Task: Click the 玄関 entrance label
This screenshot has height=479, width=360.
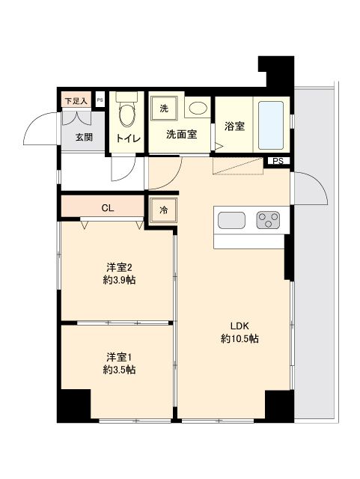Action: coord(84,137)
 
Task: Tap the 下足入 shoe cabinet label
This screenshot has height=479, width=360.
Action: coord(76,100)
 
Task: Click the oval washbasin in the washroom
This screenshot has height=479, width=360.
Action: coord(198,109)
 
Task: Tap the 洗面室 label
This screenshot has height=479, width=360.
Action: coord(181,135)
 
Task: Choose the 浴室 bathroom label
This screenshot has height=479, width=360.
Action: coord(234,126)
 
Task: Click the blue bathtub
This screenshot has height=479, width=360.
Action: coord(272,123)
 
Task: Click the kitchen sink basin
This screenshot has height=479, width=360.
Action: coord(231,220)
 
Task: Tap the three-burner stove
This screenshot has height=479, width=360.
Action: coord(269,220)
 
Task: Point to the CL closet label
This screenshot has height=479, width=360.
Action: coord(108,208)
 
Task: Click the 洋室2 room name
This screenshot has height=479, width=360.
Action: coord(119,267)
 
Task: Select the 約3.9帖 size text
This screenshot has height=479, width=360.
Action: coord(119,281)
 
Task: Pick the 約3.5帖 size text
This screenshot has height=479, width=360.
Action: coord(119,370)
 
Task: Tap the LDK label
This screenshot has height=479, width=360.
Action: coord(239,326)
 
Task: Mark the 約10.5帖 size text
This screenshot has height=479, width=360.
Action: coord(240,339)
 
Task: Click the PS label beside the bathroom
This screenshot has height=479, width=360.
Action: coord(278,161)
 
